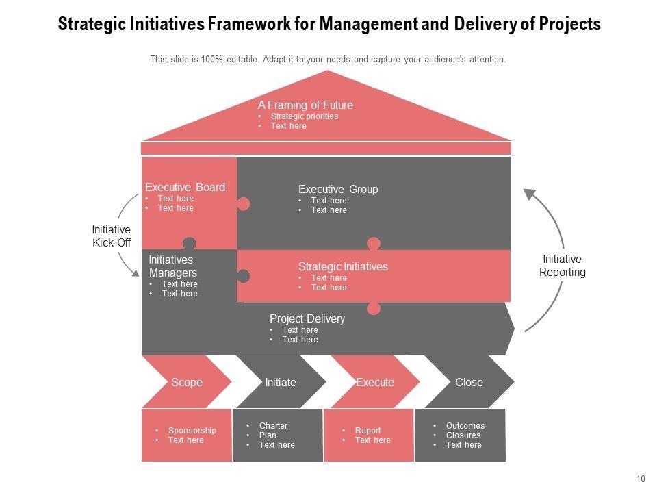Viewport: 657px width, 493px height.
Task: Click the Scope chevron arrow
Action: (186, 382)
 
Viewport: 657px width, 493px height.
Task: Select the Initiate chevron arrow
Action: (281, 382)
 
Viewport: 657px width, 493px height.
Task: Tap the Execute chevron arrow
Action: (375, 382)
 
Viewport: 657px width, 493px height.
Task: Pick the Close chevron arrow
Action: (469, 382)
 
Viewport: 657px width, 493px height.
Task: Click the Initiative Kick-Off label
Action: (111, 236)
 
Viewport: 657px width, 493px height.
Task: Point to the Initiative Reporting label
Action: (562, 266)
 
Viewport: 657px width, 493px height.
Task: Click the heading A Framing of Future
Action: (305, 105)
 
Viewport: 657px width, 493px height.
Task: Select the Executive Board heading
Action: (185, 188)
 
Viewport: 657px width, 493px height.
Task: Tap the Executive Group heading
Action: (338, 190)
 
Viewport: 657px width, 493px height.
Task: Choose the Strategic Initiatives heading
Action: (343, 267)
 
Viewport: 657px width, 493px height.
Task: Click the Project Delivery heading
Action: (307, 319)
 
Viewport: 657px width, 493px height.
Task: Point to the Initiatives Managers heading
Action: (172, 266)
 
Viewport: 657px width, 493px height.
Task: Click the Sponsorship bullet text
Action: (192, 431)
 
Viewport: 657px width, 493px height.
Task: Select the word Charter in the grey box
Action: (273, 426)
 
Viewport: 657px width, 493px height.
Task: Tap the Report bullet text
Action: (368, 431)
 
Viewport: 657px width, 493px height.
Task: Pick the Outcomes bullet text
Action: (465, 426)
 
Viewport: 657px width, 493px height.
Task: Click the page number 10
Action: (641, 479)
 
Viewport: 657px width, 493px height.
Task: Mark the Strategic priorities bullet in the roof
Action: (304, 116)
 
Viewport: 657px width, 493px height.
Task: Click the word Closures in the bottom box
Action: (463, 435)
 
